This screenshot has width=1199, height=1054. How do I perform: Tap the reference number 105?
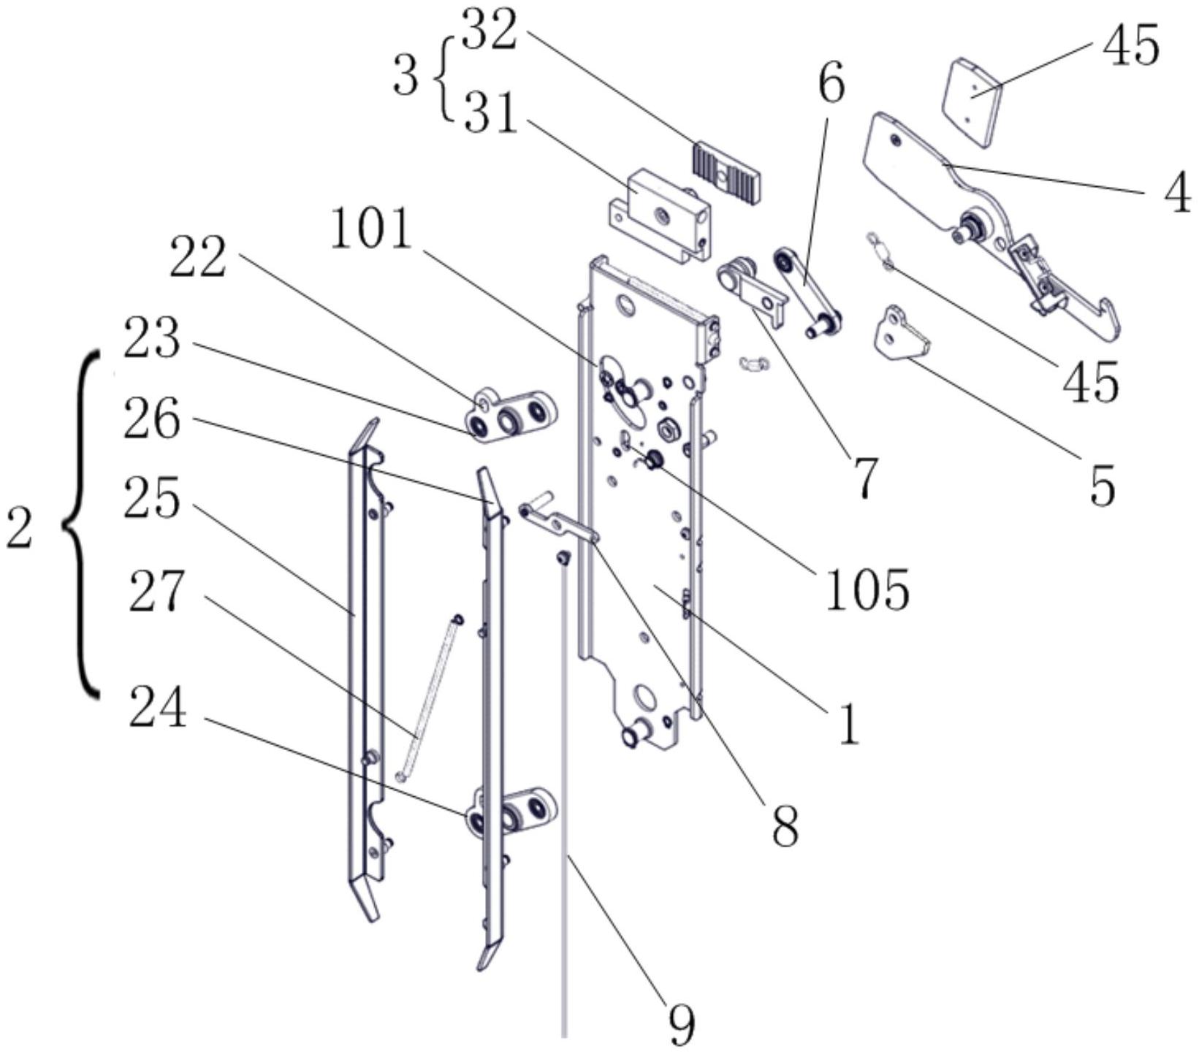click(867, 589)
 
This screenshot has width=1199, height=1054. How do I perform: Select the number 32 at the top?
click(490, 31)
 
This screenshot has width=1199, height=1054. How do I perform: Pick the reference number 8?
click(785, 826)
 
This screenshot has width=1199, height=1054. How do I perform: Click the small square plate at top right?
click(970, 104)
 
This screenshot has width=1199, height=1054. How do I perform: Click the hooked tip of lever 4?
click(1108, 318)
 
